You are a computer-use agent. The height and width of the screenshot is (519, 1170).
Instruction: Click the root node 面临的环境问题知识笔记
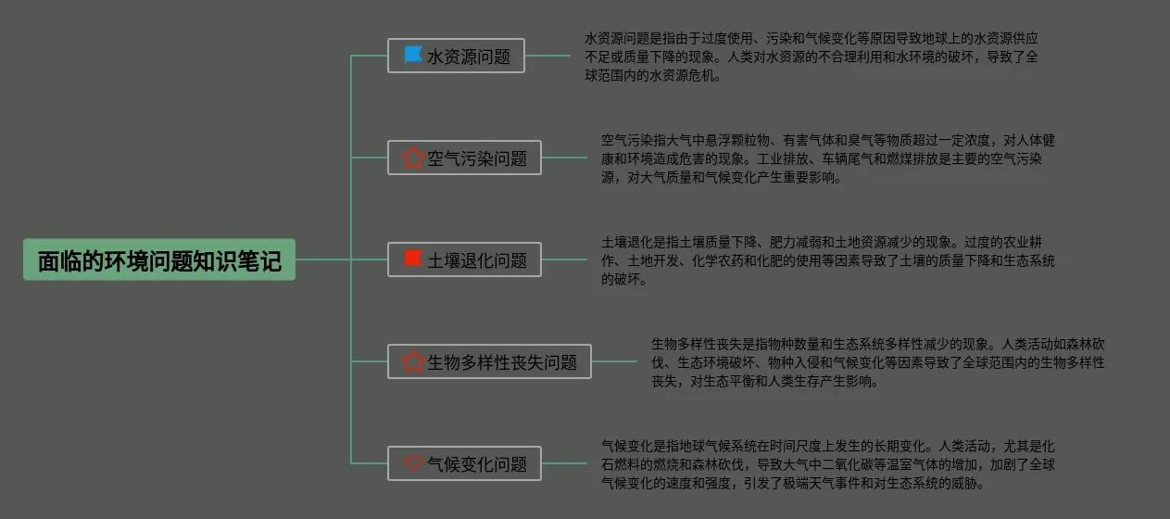pos(159,260)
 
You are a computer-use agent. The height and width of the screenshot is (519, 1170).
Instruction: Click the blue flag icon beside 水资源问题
pos(413,56)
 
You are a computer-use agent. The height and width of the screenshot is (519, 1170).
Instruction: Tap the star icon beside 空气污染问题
pos(413,158)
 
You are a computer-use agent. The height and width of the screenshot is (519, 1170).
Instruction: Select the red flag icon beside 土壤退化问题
pos(413,259)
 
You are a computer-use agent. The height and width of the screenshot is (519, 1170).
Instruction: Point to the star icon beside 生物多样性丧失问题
pos(413,361)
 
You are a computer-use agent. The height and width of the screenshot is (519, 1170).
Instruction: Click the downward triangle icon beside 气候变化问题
pos(413,463)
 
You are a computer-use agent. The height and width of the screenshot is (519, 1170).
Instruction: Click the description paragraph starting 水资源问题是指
pos(811,57)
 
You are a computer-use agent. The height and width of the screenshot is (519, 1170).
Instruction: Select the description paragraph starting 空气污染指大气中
pos(827,158)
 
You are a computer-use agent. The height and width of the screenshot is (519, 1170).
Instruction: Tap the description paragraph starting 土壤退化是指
pos(827,260)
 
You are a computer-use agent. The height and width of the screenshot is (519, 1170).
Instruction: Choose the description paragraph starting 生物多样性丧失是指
pos(877,361)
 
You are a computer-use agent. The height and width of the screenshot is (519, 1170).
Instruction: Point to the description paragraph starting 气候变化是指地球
pos(827,463)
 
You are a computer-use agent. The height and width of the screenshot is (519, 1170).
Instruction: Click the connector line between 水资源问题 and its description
pos(547,57)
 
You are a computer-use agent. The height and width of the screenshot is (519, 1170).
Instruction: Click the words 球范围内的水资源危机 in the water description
pos(652,76)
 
